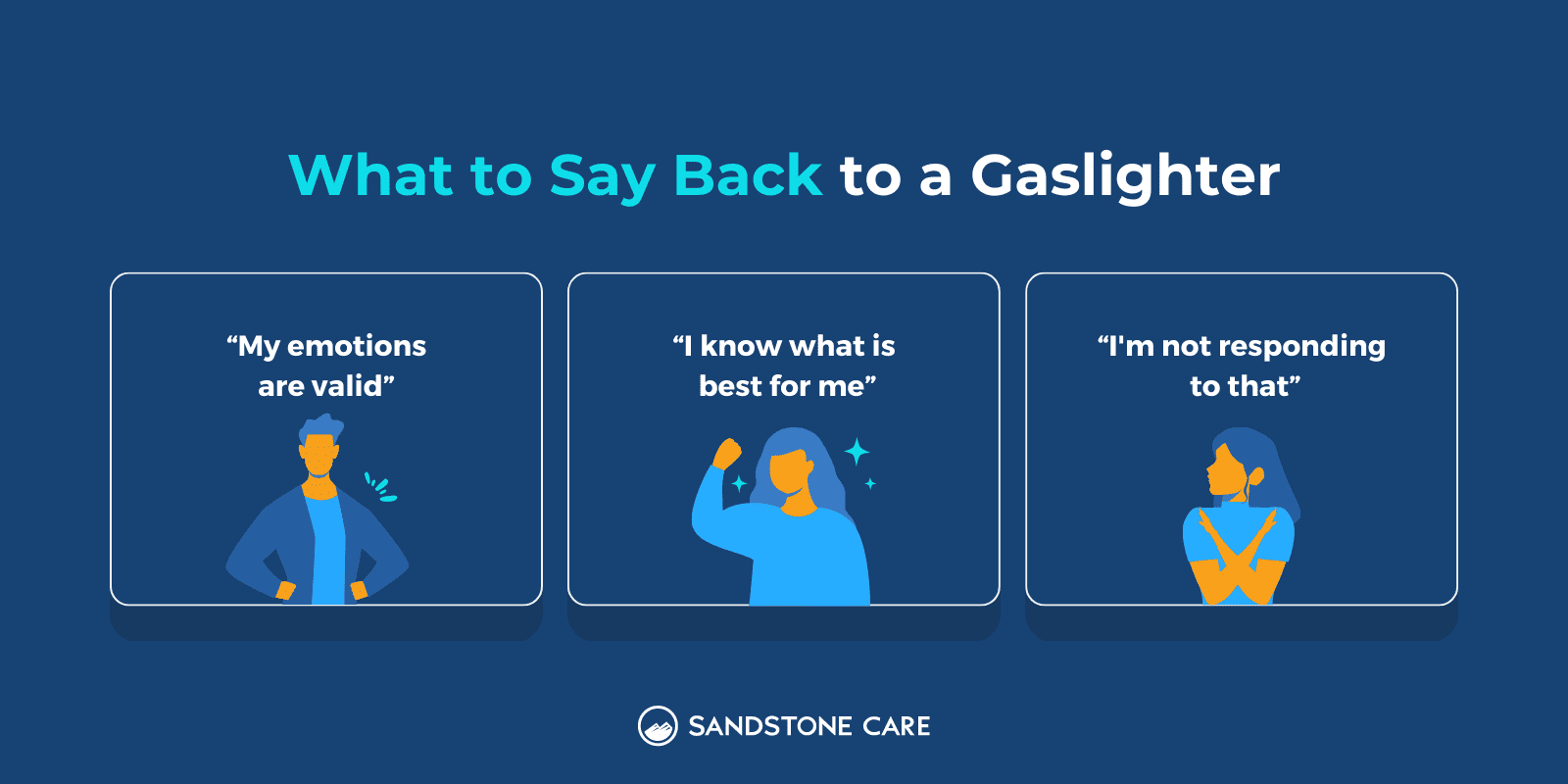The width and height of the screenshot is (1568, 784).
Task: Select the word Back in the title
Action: click(748, 174)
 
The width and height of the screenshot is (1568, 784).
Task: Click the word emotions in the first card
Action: click(357, 346)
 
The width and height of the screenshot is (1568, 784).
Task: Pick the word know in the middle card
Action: click(741, 346)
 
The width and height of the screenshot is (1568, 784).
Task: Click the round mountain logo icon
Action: click(658, 726)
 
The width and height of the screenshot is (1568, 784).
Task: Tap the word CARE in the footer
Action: click(896, 726)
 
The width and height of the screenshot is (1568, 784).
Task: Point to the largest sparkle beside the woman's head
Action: click(857, 452)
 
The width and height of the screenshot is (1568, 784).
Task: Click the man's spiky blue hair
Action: click(320, 428)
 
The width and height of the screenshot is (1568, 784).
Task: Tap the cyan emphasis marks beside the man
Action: click(380, 487)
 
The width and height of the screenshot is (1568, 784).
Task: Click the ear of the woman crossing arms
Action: click(1255, 476)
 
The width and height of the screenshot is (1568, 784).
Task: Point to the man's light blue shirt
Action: click(327, 546)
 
